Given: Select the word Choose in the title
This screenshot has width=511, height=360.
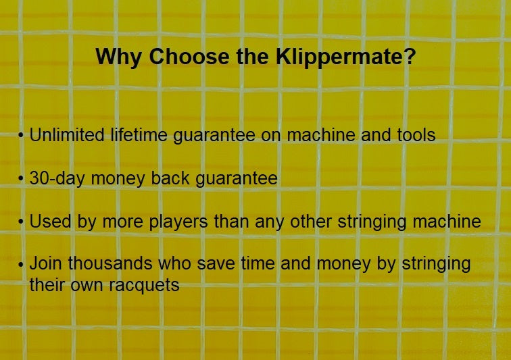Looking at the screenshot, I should point(180,57).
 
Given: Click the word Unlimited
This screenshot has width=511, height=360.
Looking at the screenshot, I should point(67,135).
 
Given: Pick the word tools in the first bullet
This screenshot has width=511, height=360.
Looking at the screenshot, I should point(412,135).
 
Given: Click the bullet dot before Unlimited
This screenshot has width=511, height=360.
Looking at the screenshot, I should point(22,136).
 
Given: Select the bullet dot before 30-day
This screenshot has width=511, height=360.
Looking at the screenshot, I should point(22,180).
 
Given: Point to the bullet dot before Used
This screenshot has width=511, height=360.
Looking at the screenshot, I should point(22,222).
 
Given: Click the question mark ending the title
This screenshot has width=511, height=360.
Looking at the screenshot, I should point(408,57).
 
